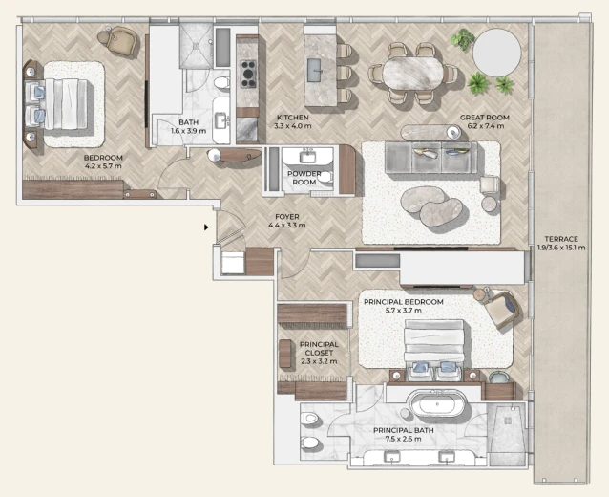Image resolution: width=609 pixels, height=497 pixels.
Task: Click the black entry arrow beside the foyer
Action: pyautogui.click(x=206, y=227)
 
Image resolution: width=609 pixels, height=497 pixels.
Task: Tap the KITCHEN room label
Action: pyautogui.click(x=293, y=118)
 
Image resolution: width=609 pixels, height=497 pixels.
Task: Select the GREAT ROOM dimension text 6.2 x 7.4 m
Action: pyautogui.click(x=485, y=126)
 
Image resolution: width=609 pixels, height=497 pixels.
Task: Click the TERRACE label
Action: pyautogui.click(x=561, y=239)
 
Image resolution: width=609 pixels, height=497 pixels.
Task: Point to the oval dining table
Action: pyautogui.click(x=412, y=74)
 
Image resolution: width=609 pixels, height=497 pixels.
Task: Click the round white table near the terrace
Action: pyautogui.click(x=496, y=53)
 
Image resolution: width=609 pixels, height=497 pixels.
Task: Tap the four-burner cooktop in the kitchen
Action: pyautogui.click(x=248, y=75)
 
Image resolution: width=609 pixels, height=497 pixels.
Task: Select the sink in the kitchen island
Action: pyautogui.click(x=315, y=71)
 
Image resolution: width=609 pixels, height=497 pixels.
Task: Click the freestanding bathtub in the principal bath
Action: pyautogui.click(x=438, y=403)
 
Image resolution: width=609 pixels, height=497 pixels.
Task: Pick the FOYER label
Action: pyautogui.click(x=287, y=217)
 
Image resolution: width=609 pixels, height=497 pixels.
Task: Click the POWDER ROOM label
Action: pyautogui.click(x=304, y=178)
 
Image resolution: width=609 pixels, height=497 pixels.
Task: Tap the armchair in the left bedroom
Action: pyautogui.click(x=122, y=41)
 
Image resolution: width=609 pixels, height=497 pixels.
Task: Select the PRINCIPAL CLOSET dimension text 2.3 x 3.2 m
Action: pyautogui.click(x=319, y=361)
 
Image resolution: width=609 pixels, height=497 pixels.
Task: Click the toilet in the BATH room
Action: pyautogui.click(x=221, y=82)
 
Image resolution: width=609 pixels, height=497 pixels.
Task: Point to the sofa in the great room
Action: pyautogui.click(x=431, y=158)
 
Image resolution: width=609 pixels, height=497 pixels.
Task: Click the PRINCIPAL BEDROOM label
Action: pyautogui.click(x=404, y=302)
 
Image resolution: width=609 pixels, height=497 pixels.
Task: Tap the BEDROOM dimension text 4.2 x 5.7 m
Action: pyautogui.click(x=103, y=166)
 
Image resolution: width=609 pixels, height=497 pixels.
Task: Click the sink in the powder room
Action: pyautogui.click(x=307, y=157)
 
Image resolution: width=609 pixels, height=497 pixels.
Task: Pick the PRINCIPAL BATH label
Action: pyautogui.click(x=404, y=430)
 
